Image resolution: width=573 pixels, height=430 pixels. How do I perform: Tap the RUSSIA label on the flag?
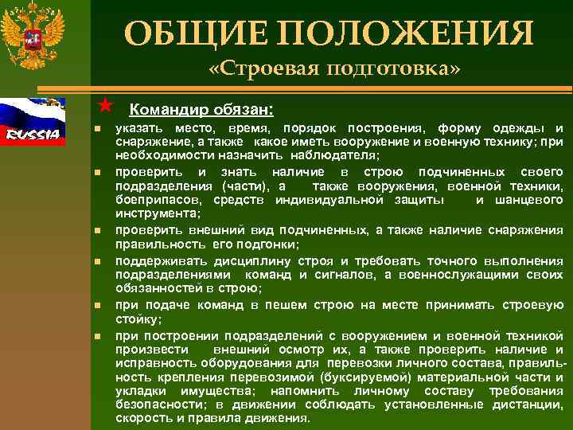[x=33, y=133]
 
